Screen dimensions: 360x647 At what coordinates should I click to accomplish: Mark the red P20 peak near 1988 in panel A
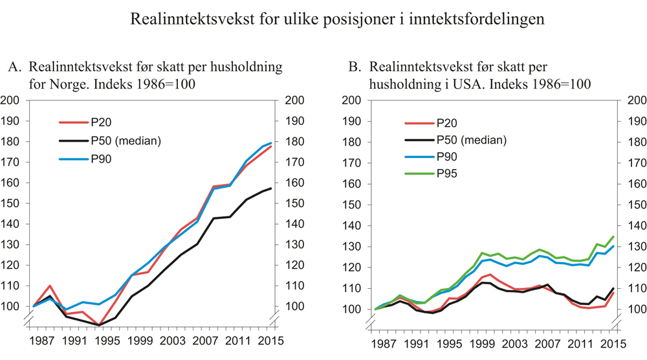(50, 286)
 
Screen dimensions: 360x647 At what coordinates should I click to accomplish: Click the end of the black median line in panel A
(270, 188)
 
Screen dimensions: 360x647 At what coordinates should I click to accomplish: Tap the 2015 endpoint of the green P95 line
(613, 237)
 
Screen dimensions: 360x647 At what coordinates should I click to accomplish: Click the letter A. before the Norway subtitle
(15, 67)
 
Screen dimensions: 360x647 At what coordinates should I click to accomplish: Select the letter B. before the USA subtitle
(354, 67)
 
